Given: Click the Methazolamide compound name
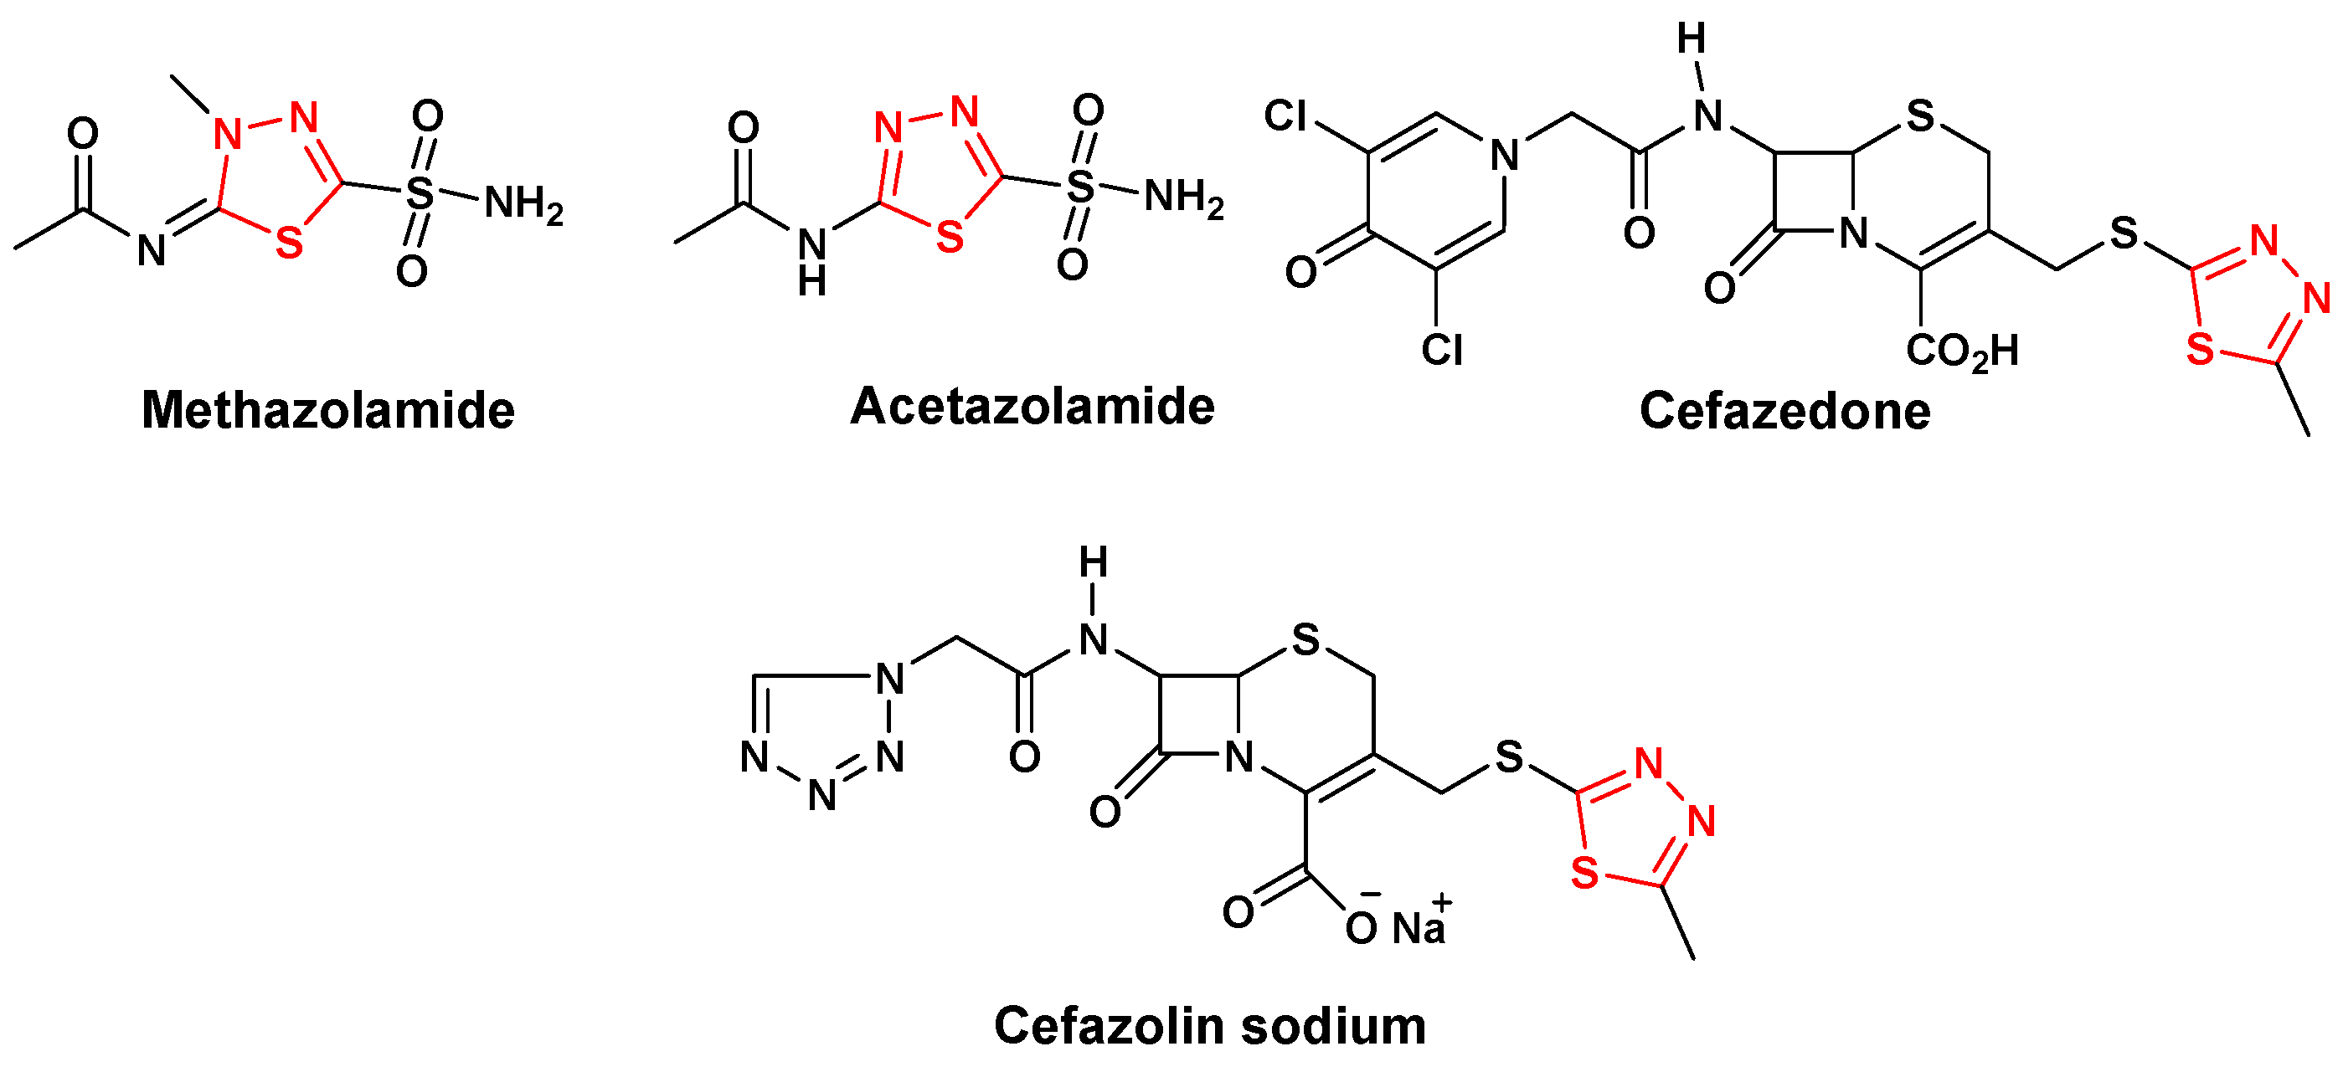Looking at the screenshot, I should (x=327, y=411).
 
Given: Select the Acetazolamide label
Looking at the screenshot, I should (x=1032, y=407).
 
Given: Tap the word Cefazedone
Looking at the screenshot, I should (x=1784, y=411).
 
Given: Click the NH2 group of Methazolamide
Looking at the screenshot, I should (x=523, y=203).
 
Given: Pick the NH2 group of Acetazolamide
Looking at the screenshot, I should (x=1182, y=197).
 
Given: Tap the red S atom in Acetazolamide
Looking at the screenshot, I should (x=949, y=239).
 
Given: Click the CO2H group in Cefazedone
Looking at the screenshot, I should (x=1962, y=351).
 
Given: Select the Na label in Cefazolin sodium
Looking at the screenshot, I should (x=1418, y=928).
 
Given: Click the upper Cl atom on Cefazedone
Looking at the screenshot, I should (x=1285, y=116).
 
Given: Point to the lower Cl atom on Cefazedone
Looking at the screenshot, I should (x=1442, y=350).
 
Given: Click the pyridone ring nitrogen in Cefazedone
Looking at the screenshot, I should (x=1505, y=156).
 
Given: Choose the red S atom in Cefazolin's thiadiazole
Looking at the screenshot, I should (x=1584, y=874).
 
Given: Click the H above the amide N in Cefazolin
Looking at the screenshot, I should (x=1094, y=564).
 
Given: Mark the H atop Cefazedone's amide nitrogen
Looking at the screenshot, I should (x=1691, y=39).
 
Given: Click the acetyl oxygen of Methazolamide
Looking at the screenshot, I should (x=83, y=135).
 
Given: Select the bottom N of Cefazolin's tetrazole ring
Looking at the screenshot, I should (x=822, y=797).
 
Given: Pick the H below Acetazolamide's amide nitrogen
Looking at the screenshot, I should (x=812, y=283).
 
